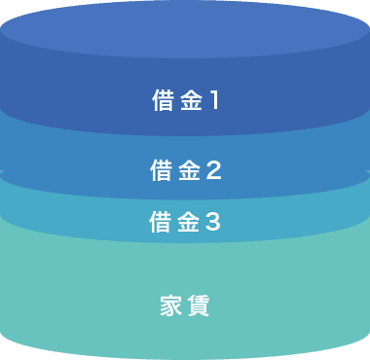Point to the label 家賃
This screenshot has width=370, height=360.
tap(185, 305)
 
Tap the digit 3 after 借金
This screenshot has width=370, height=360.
tap(214, 222)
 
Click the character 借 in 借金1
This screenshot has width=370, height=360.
tap(162, 100)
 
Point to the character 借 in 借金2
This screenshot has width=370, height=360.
tap(162, 170)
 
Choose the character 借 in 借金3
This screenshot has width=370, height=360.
tap(161, 222)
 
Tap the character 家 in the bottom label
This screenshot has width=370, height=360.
tap(170, 305)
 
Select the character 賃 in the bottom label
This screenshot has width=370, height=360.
tap(199, 305)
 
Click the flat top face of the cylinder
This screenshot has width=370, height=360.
tap(185, 34)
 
